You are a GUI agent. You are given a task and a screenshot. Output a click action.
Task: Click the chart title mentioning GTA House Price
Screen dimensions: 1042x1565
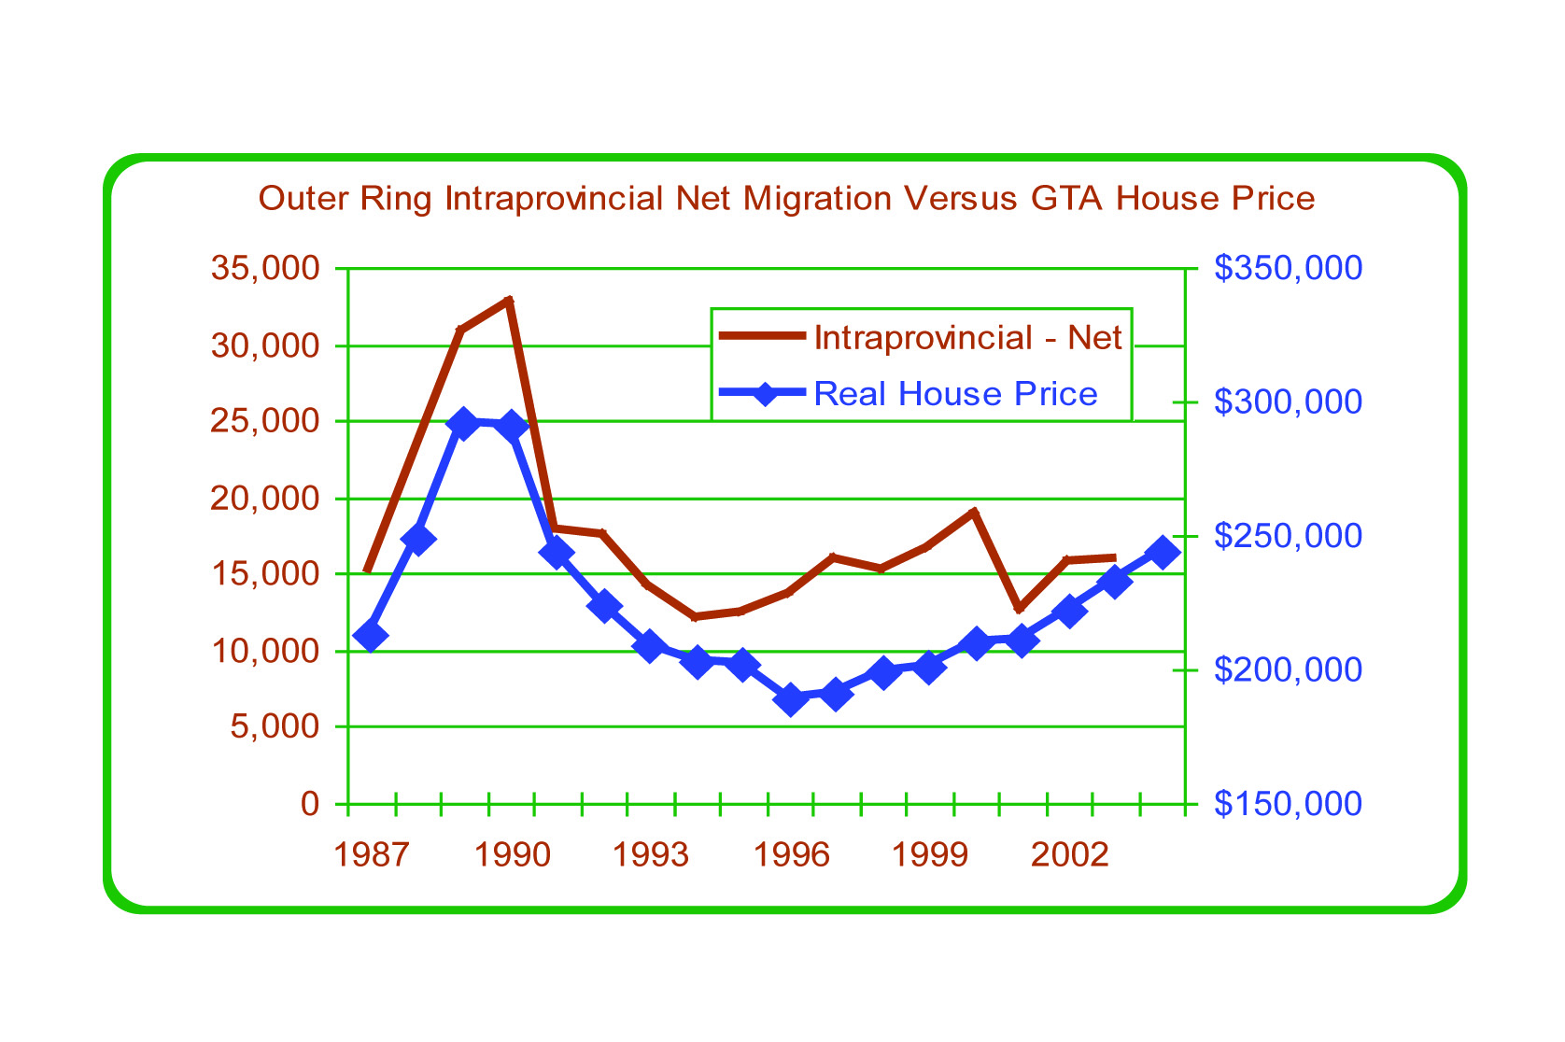click(x=786, y=199)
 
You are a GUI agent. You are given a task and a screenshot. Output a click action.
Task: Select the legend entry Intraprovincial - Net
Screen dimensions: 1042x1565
click(x=967, y=337)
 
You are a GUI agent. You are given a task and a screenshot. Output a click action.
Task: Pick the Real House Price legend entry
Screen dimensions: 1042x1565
click(x=955, y=394)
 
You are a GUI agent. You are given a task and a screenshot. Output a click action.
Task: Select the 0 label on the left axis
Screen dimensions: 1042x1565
click(x=310, y=803)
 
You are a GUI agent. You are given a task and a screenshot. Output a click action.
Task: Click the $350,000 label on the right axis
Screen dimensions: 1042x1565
click(x=1288, y=269)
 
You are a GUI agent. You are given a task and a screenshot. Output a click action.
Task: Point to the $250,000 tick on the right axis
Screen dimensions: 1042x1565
click(x=1288, y=536)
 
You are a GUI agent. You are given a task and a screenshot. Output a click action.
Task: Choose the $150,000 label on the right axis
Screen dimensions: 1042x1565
click(x=1288, y=803)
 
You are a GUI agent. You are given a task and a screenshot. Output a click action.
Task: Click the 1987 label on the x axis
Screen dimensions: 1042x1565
click(x=371, y=854)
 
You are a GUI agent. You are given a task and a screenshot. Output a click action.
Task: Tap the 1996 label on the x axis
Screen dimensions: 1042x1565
click(x=791, y=854)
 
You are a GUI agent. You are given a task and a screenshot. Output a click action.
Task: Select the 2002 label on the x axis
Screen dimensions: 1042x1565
click(x=1070, y=854)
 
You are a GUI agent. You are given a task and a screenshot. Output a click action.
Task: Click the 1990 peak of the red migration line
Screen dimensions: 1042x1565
click(x=509, y=300)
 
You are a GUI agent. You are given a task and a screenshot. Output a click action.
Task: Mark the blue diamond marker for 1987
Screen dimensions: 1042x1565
click(x=371, y=637)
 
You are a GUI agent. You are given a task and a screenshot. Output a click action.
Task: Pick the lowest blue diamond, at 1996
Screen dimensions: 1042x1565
click(x=792, y=699)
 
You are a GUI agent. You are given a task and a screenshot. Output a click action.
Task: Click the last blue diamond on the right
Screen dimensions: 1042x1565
click(x=1163, y=552)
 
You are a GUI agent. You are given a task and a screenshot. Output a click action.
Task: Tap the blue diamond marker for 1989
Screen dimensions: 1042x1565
click(x=462, y=424)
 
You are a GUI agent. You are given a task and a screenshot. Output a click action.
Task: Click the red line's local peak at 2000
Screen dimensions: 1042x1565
click(x=974, y=512)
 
